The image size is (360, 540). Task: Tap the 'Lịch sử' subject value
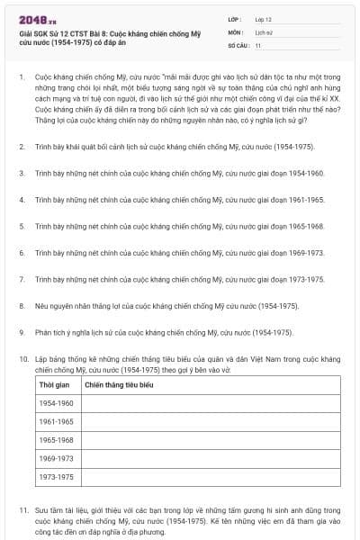(263, 31)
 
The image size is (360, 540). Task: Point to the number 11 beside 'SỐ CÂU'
(258, 44)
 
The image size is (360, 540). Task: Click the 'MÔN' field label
(237, 31)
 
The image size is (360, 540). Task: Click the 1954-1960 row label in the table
(57, 403)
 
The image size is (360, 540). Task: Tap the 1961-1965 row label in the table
(57, 421)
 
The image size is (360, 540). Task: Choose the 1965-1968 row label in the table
(57, 440)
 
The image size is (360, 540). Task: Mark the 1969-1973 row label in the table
(57, 458)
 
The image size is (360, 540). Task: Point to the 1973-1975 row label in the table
(57, 477)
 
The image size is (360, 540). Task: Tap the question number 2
(22, 145)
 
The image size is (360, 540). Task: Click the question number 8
(22, 306)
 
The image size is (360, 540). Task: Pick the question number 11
(23, 510)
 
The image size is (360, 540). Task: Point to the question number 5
(22, 226)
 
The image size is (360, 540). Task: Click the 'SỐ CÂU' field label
(238, 44)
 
